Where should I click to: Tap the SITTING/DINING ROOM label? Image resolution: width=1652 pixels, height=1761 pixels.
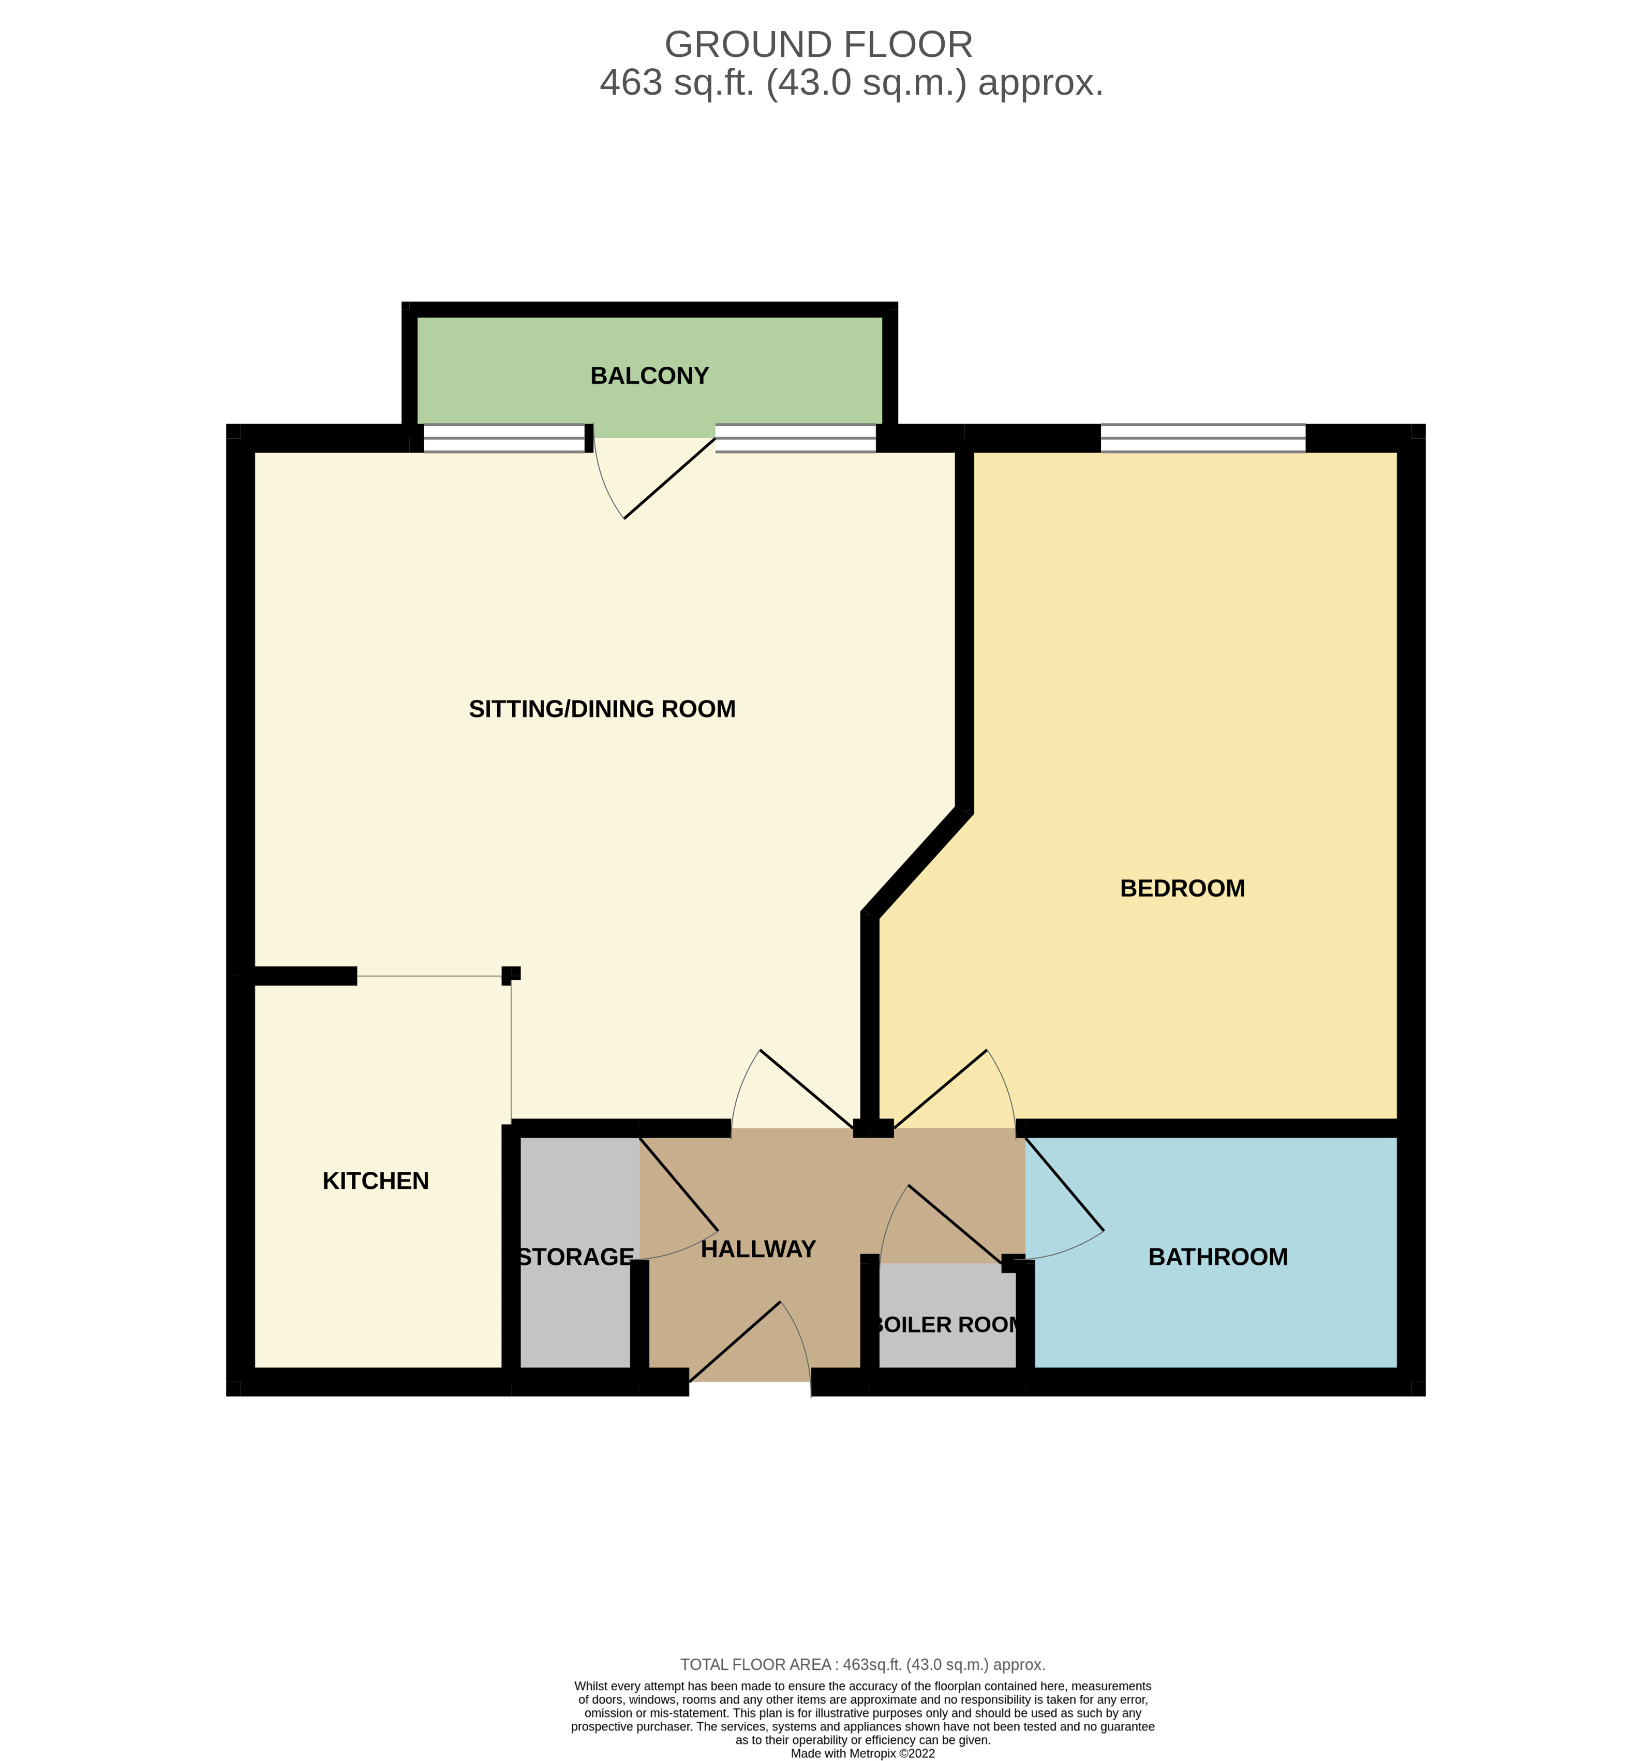point(602,709)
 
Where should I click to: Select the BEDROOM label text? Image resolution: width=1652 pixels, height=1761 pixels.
point(1183,888)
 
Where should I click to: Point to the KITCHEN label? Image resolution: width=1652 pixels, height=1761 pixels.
point(376,1181)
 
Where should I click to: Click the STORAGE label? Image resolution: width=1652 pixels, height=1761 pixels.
point(576,1257)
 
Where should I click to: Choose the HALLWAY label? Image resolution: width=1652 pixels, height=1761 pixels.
point(758,1249)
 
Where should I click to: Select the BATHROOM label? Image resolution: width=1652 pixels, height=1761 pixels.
point(1218,1257)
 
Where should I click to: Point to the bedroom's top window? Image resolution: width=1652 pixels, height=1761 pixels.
point(1203,439)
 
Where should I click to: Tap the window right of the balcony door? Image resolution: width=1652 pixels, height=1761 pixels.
point(795,439)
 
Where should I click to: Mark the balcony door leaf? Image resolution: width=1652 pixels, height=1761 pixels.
point(669,479)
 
